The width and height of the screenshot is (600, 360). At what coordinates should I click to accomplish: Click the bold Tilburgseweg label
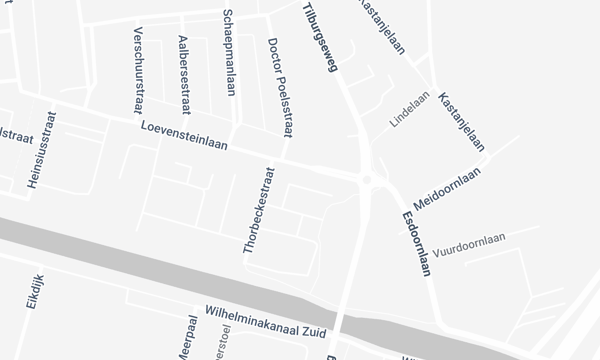point(320,39)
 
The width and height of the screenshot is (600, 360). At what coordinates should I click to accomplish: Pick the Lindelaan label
point(409,112)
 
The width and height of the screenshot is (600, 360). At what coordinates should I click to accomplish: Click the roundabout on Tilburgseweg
point(368,181)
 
